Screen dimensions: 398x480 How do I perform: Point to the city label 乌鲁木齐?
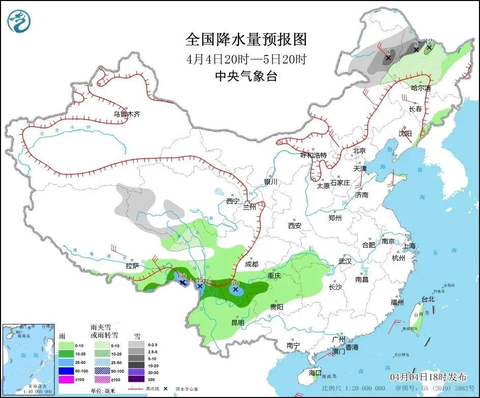(x=126, y=115)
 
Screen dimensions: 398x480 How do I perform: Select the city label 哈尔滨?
(x=421, y=88)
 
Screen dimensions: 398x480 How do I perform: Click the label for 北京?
(x=359, y=151)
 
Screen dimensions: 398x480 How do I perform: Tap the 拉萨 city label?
(x=132, y=266)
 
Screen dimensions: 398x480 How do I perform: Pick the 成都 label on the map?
(x=251, y=265)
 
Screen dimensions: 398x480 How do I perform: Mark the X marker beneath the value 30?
(x=235, y=289)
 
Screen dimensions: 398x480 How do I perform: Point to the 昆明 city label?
(x=237, y=322)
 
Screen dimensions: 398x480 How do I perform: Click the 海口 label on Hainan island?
(x=315, y=373)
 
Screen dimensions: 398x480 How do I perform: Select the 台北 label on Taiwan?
(x=428, y=299)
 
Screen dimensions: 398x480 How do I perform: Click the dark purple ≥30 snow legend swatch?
(x=135, y=378)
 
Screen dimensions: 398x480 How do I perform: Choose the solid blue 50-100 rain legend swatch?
(x=66, y=371)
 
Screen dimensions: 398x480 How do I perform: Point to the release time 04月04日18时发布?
(x=428, y=377)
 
